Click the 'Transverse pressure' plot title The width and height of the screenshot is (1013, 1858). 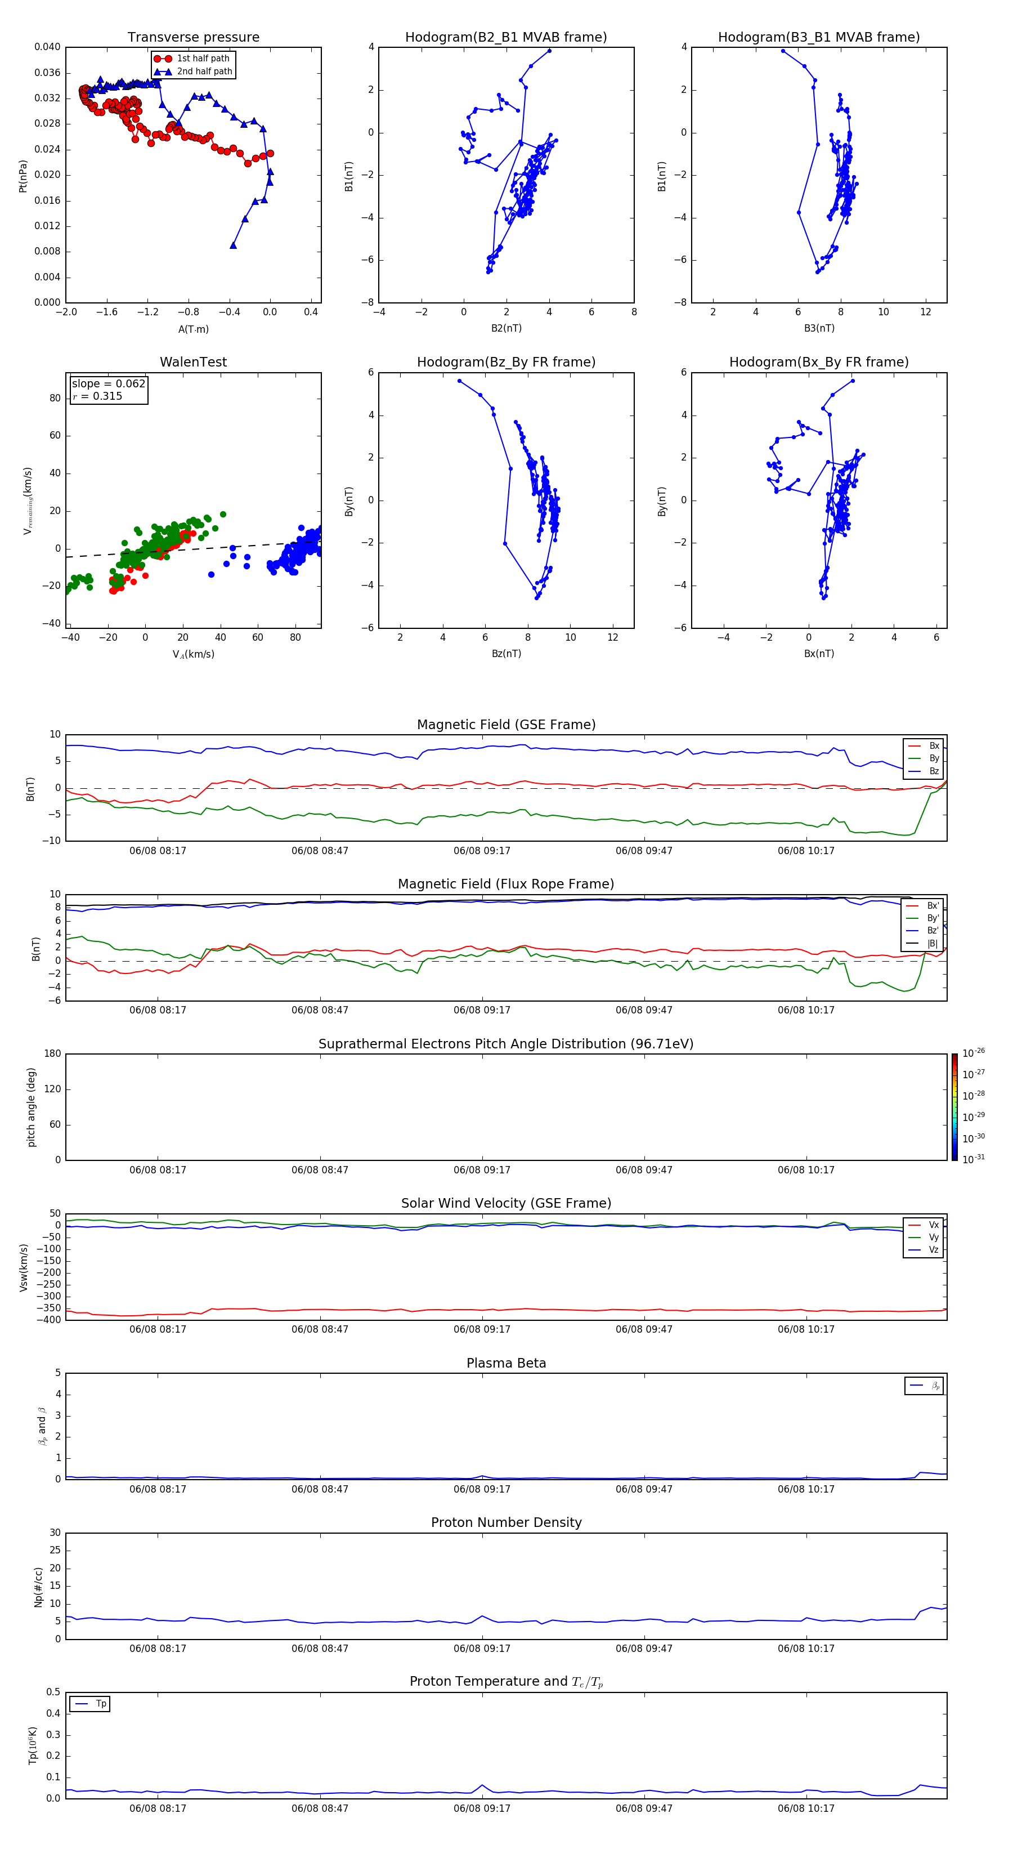(193, 38)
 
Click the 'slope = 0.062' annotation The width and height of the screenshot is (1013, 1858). (108, 384)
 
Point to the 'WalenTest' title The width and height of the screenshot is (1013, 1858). (193, 362)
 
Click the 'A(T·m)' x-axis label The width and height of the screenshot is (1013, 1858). (193, 329)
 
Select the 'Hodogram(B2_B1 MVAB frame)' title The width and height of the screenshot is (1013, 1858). (505, 38)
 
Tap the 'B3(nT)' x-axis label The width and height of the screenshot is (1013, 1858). (819, 328)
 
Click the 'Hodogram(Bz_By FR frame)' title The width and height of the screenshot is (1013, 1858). (505, 362)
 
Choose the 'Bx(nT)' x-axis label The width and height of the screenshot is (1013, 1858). (819, 654)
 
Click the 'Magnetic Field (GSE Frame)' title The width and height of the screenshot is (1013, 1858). (505, 725)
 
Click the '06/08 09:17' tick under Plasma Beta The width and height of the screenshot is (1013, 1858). (482, 1489)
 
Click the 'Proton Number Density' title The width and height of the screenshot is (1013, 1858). (505, 1522)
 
